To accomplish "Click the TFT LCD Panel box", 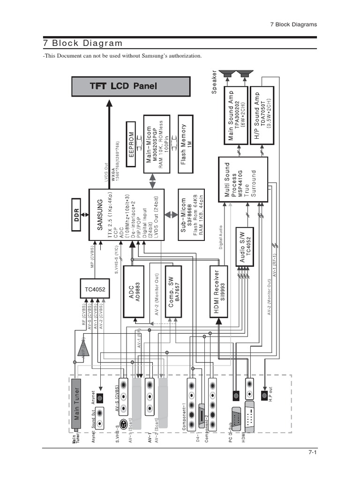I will pos(130,86).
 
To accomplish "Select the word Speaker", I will pos(215,82).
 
